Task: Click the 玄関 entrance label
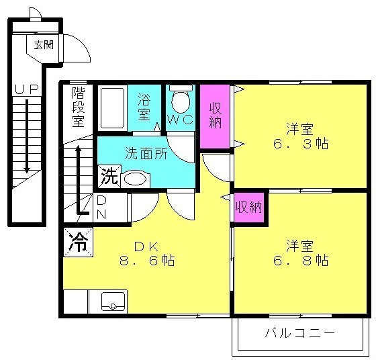(44, 45)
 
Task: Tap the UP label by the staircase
(27, 89)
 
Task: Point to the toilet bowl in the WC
(181, 101)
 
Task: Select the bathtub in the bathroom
(113, 108)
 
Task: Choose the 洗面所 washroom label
(146, 153)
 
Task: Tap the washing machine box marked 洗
(109, 176)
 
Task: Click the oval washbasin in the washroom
(136, 179)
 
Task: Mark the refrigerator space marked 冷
(78, 242)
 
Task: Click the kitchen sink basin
(113, 301)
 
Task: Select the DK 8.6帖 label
(147, 254)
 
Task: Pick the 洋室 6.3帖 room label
(300, 136)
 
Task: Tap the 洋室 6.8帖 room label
(300, 253)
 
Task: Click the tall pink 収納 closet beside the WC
(215, 116)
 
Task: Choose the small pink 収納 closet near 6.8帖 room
(249, 208)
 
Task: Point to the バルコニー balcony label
(299, 333)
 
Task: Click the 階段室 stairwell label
(79, 107)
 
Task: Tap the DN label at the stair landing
(101, 208)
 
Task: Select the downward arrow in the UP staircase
(27, 136)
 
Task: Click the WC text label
(181, 120)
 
